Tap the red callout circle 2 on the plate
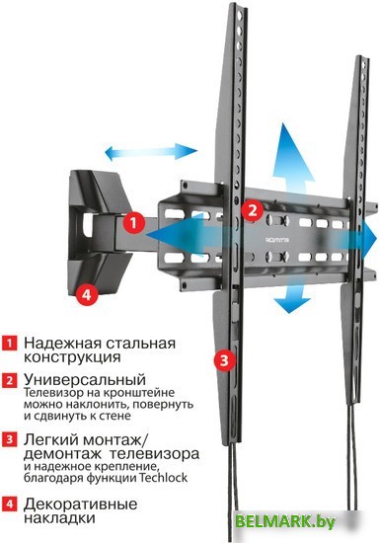click(252, 209)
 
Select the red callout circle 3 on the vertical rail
click(225, 359)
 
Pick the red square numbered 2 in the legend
click(10, 380)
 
